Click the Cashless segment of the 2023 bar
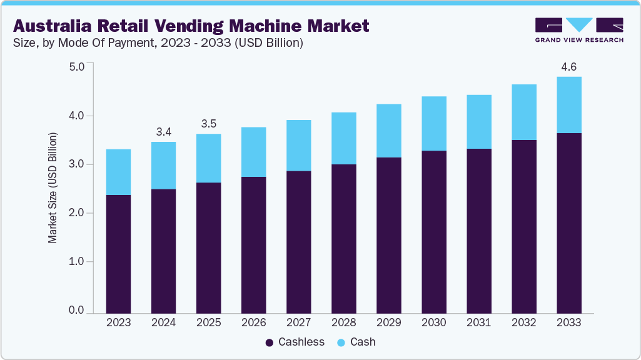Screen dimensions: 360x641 pyautogui.click(x=118, y=254)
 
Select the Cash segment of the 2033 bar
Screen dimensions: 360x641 pyautogui.click(x=568, y=105)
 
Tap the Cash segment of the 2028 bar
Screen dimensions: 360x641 pyautogui.click(x=343, y=138)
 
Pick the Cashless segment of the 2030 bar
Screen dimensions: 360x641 pyautogui.click(x=433, y=231)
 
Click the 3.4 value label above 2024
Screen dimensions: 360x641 pyautogui.click(x=163, y=131)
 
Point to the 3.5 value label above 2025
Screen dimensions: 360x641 pyautogui.click(x=208, y=123)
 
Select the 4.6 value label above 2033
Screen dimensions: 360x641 pyautogui.click(x=568, y=66)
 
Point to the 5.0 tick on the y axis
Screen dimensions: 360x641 pyautogui.click(x=76, y=66)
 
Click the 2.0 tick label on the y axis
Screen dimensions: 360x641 pyautogui.click(x=76, y=213)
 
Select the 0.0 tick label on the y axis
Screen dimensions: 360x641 pyautogui.click(x=76, y=311)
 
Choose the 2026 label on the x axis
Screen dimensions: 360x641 pyautogui.click(x=253, y=322)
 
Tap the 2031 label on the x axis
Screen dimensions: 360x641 pyautogui.click(x=478, y=322)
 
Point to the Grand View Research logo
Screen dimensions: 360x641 pyautogui.click(x=579, y=30)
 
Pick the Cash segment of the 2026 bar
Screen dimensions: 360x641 pyautogui.click(x=253, y=152)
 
